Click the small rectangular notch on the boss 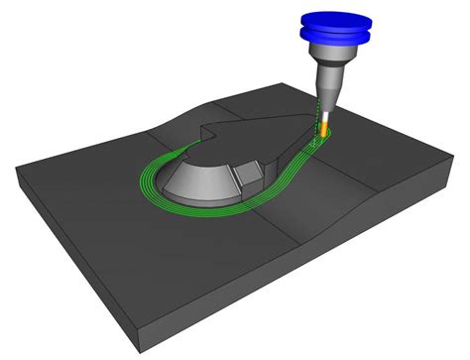pos(248,176)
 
